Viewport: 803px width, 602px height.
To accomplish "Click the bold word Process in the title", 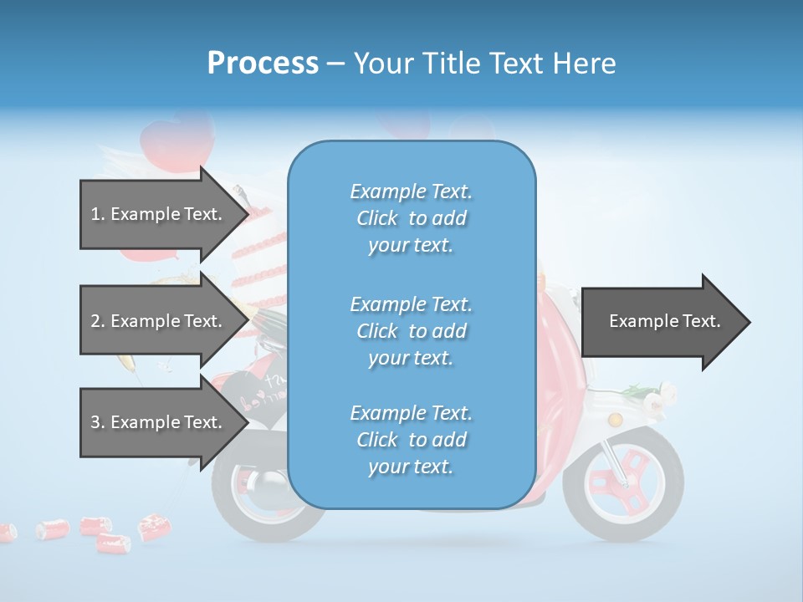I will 263,63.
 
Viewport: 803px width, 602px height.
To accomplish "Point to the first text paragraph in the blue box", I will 412,218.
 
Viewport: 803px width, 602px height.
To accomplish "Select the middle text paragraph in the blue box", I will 412,331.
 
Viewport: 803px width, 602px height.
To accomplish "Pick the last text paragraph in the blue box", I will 412,440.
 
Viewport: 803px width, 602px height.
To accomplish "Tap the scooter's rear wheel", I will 251,493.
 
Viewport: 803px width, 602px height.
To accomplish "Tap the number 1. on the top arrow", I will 98,214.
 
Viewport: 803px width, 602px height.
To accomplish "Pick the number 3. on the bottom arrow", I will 98,422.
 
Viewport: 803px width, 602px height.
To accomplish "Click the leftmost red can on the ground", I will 7,532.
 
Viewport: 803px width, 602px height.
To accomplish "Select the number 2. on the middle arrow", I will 98,321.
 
